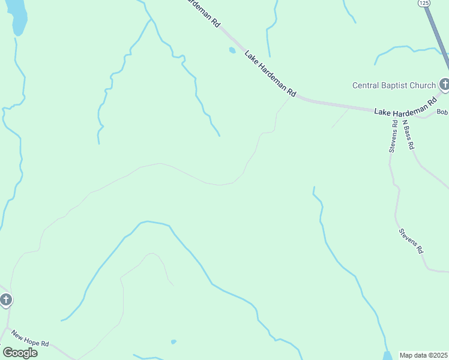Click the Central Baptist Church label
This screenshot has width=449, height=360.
pyautogui.click(x=393, y=85)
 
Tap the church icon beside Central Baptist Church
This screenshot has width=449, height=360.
pyautogui.click(x=444, y=85)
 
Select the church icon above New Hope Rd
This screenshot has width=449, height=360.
pyautogui.click(x=5, y=299)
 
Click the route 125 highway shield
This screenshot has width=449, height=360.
pyautogui.click(x=424, y=3)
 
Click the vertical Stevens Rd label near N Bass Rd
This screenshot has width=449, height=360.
pyautogui.click(x=393, y=137)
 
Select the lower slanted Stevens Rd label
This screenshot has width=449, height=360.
pyautogui.click(x=411, y=240)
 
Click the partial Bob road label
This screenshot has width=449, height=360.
pyautogui.click(x=442, y=112)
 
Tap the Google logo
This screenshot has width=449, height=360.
pyautogui.click(x=20, y=353)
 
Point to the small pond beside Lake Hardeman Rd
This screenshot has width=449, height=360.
pyautogui.click(x=232, y=50)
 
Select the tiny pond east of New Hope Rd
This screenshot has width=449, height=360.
pyautogui.click(x=173, y=342)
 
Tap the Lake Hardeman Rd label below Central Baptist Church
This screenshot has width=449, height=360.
pyautogui.click(x=405, y=108)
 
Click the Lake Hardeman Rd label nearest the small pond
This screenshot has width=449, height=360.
pyautogui.click(x=270, y=74)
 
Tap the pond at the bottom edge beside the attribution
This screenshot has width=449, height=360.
pyautogui.click(x=388, y=355)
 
